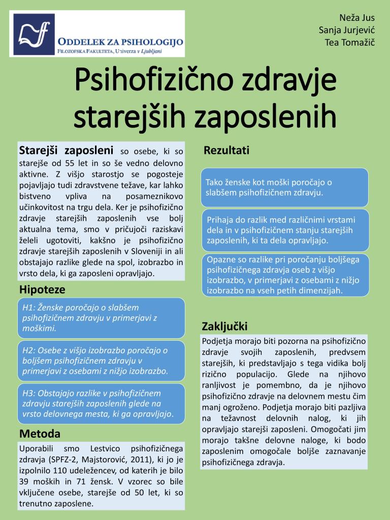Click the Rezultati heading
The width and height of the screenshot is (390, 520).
pos(226,150)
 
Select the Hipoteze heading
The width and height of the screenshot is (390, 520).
pos(42,290)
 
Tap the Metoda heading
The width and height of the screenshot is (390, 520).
pos(40,434)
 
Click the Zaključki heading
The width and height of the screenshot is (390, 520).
pos(224,326)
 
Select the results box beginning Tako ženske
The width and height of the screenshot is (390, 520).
pos(284,187)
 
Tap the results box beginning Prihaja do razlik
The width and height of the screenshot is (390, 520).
pos(284,230)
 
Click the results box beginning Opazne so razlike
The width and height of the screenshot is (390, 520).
pos(284,275)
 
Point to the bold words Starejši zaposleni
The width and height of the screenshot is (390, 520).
pos(66,150)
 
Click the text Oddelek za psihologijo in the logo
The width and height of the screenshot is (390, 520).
pos(120,42)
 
